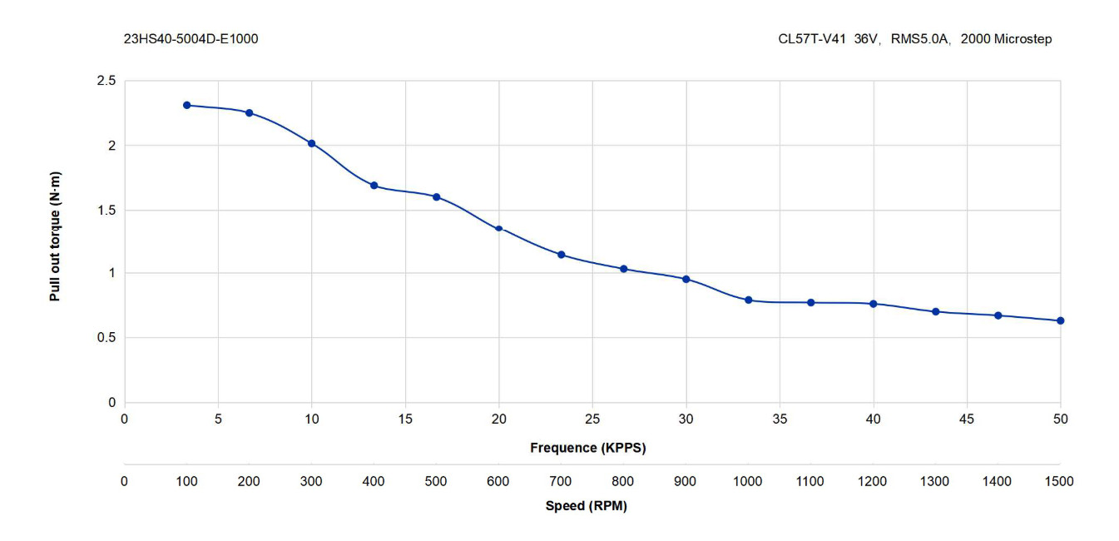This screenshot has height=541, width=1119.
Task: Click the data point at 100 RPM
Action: click(187, 106)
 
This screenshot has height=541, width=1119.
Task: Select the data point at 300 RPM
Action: click(312, 144)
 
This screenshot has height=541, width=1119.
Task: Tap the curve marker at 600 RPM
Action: click(498, 229)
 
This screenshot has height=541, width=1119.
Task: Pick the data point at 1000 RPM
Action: click(748, 300)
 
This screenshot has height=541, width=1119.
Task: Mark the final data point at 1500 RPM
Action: click(1061, 320)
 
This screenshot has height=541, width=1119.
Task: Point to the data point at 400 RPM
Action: click(374, 186)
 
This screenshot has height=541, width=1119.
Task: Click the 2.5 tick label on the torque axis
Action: click(106, 81)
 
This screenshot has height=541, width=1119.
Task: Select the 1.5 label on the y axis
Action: click(106, 211)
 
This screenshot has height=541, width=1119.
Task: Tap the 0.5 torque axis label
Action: click(106, 338)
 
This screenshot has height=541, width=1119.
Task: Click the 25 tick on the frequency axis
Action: click(592, 419)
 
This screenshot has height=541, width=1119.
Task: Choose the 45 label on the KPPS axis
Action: click(967, 419)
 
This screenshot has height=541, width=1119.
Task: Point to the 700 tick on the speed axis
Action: click(561, 482)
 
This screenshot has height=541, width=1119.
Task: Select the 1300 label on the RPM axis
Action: click(934, 482)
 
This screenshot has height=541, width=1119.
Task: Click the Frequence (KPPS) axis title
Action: click(588, 448)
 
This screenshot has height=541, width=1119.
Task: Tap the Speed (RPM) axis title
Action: click(587, 506)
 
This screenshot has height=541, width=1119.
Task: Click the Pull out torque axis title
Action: click(55, 236)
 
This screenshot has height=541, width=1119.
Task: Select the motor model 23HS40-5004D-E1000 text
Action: click(191, 39)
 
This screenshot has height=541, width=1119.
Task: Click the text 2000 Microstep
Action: click(1006, 39)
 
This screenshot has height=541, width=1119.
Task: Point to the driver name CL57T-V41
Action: click(812, 39)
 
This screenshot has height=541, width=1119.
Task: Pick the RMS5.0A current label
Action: click(919, 39)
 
